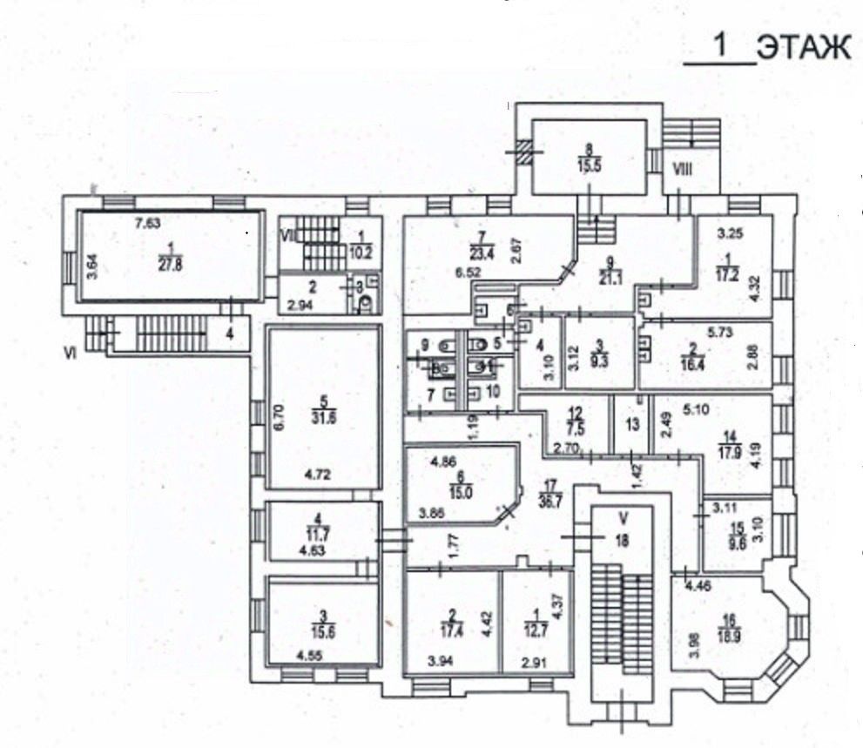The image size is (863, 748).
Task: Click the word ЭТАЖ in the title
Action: click(802, 48)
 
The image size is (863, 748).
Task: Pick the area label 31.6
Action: click(324, 414)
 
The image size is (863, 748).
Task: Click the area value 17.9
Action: click(728, 450)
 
